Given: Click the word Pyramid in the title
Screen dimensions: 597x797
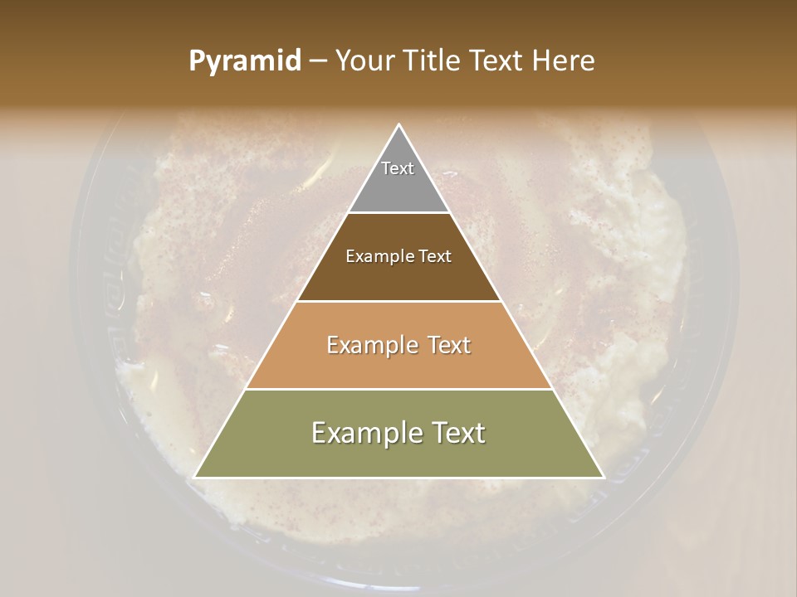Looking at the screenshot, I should point(244,61).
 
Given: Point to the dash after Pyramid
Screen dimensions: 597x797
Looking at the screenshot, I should point(318,61).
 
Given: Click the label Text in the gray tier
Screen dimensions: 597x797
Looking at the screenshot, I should point(398,168).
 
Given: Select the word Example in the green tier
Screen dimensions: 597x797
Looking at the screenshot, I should point(365,433).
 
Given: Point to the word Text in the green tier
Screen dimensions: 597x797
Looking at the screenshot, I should point(457,433).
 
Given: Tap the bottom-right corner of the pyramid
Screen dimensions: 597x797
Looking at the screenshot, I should point(603,477).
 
